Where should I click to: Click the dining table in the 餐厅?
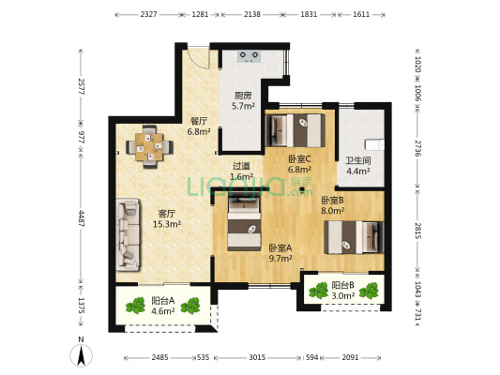click(x=149, y=147)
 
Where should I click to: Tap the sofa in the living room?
click(x=129, y=234)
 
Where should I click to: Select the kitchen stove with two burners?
click(x=249, y=56)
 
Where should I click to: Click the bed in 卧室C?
click(x=295, y=130)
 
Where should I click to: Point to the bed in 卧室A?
click(x=244, y=224)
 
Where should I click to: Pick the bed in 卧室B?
click(x=354, y=237)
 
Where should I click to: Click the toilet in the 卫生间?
click(x=374, y=144)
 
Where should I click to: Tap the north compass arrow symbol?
click(x=82, y=355)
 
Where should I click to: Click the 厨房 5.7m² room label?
click(x=243, y=100)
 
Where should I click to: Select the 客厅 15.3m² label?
click(x=167, y=218)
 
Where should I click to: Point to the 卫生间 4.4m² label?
click(x=358, y=166)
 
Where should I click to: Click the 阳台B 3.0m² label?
click(x=342, y=291)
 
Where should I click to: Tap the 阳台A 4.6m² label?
click(x=162, y=306)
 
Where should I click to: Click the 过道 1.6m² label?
click(x=241, y=171)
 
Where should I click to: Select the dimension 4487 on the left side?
click(x=82, y=218)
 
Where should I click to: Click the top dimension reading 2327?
click(x=148, y=14)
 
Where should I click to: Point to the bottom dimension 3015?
click(x=257, y=357)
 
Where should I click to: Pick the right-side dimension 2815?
click(x=418, y=231)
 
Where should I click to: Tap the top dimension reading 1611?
click(x=361, y=14)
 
